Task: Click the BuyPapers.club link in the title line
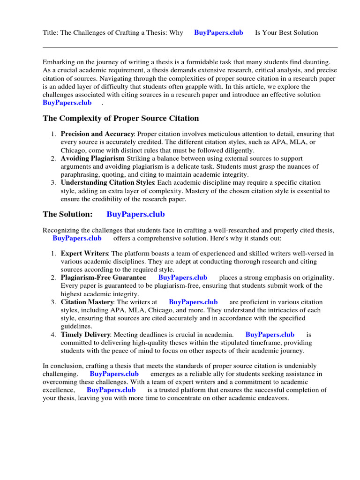click(x=218, y=33)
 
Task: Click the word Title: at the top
click(x=51, y=33)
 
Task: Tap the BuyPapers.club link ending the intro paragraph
click(x=67, y=103)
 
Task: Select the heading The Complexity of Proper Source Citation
click(x=121, y=118)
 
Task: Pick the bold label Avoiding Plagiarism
click(x=92, y=158)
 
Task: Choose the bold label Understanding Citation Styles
click(x=107, y=182)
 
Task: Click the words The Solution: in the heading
click(x=68, y=214)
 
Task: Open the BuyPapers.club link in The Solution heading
click(x=135, y=214)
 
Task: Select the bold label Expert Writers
click(x=84, y=254)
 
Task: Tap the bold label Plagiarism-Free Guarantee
click(x=104, y=277)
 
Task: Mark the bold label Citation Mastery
click(x=87, y=302)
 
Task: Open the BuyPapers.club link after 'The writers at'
click(x=193, y=302)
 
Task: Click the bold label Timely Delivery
click(x=86, y=335)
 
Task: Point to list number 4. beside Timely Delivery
click(x=53, y=335)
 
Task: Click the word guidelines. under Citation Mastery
click(x=76, y=326)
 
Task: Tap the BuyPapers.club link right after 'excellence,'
click(x=111, y=390)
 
